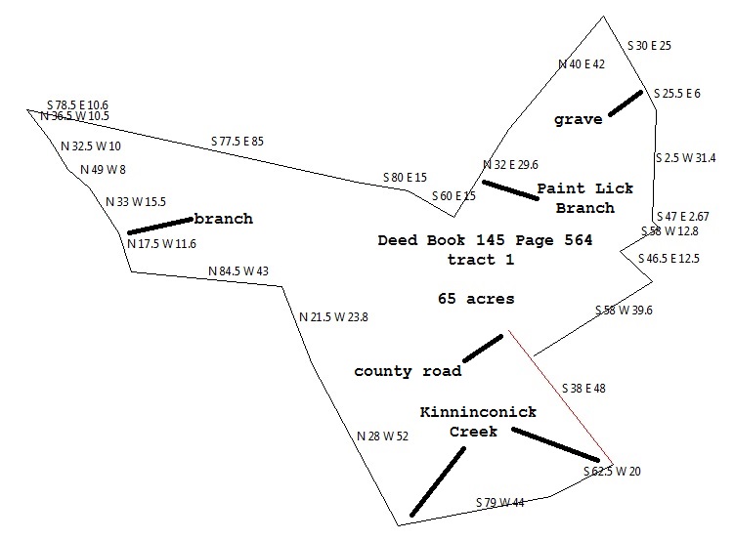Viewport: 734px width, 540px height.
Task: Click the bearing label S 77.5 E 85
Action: pos(237,142)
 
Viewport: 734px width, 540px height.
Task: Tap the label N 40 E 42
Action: pos(582,64)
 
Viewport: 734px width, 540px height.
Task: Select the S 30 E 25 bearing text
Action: pos(648,46)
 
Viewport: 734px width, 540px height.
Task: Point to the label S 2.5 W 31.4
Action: pos(684,157)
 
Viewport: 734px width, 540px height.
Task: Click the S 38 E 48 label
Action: pos(584,388)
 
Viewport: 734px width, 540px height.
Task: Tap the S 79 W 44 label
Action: pos(500,503)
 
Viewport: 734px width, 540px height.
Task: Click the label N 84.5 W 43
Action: pos(238,271)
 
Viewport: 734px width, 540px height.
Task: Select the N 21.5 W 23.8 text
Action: pos(333,316)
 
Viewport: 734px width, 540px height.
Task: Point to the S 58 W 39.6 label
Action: pos(624,311)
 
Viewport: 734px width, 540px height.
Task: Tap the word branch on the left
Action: pos(223,219)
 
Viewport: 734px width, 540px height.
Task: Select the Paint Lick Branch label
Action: pos(584,198)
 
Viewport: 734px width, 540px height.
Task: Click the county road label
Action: pos(408,372)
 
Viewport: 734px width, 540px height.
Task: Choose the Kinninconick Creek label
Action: pos(478,422)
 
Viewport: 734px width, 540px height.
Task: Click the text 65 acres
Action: pos(477,299)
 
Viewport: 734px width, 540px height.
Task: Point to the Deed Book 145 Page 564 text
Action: pos(485,239)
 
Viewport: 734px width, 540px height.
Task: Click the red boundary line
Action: pos(558,399)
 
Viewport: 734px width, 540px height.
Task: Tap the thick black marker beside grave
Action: pos(626,104)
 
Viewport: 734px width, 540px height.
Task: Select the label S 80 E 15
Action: pos(405,178)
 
